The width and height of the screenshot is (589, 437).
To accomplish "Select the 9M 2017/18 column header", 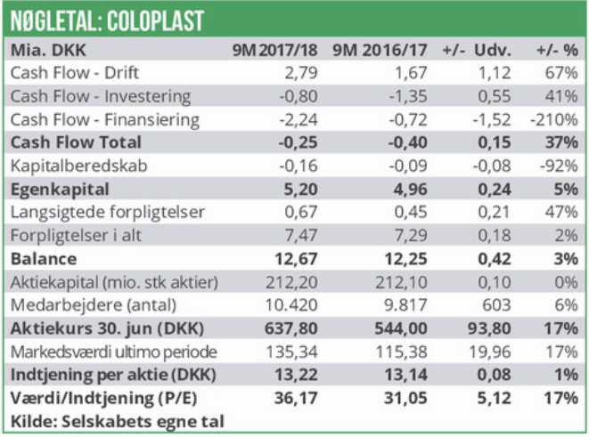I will pos(269,50).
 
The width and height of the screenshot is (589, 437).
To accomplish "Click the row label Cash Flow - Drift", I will pos(75,73).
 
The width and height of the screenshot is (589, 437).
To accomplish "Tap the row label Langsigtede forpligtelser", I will pos(108,212).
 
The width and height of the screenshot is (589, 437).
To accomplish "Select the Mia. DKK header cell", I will pos(49,50).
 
